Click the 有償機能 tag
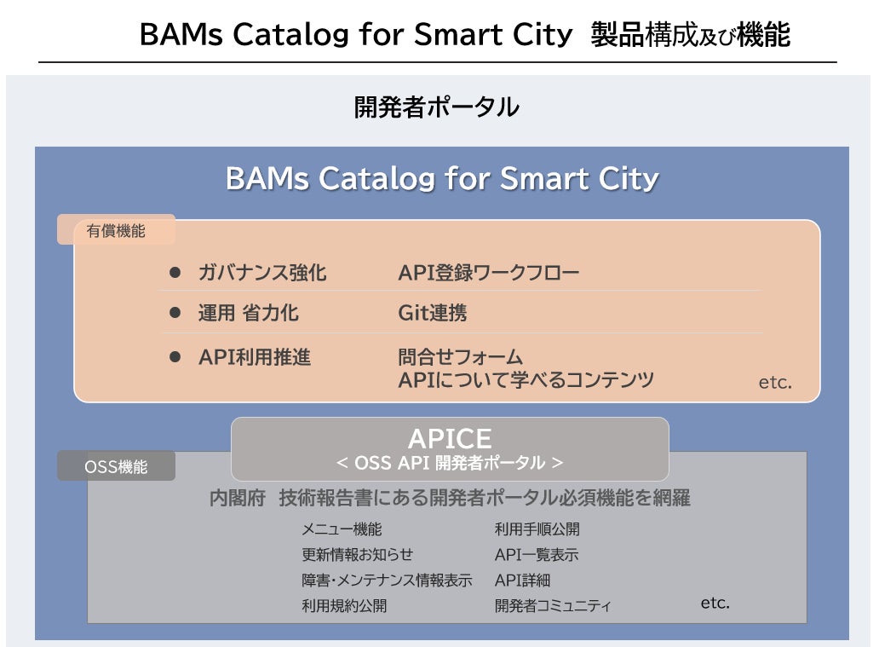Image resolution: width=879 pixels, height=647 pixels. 116,230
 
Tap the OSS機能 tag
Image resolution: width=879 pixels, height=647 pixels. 116,466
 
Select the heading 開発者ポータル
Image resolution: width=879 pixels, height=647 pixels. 436,108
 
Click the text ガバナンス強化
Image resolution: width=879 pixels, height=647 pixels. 262,273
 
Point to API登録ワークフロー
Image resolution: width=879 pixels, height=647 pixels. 489,273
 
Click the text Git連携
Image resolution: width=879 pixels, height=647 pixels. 433,313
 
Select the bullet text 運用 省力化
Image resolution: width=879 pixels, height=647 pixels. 249,313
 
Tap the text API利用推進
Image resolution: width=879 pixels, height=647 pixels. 255,357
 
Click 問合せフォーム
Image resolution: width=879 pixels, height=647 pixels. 461,356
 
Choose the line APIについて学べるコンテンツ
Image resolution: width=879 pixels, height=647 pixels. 526,380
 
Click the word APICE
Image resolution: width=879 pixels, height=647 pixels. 450,439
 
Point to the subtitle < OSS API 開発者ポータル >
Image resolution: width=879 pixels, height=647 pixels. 450,463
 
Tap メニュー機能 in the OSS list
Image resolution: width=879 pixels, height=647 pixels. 342,529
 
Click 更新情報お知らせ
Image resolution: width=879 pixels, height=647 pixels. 358,555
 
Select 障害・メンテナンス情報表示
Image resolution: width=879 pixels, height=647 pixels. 387,581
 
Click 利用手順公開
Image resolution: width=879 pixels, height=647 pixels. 537,529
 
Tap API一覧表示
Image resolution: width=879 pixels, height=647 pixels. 537,555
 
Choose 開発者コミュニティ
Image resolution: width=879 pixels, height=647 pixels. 554,606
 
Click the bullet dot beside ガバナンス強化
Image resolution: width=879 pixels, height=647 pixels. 176,273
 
